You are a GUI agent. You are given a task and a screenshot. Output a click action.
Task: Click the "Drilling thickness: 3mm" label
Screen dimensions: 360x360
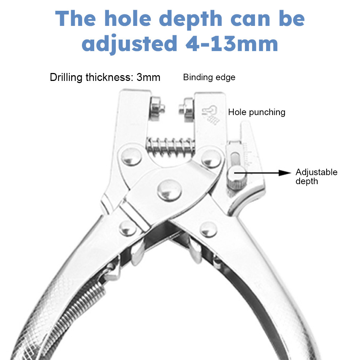105,77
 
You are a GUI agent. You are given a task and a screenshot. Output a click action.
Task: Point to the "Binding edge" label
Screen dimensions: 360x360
209,77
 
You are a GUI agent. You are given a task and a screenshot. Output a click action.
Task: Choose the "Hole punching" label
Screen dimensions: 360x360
256,112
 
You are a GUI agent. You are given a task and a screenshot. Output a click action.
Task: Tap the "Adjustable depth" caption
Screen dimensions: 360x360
316,176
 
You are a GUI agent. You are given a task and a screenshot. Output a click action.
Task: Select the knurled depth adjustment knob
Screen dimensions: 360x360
234,177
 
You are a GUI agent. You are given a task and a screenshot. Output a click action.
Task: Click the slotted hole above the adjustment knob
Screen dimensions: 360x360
235,158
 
